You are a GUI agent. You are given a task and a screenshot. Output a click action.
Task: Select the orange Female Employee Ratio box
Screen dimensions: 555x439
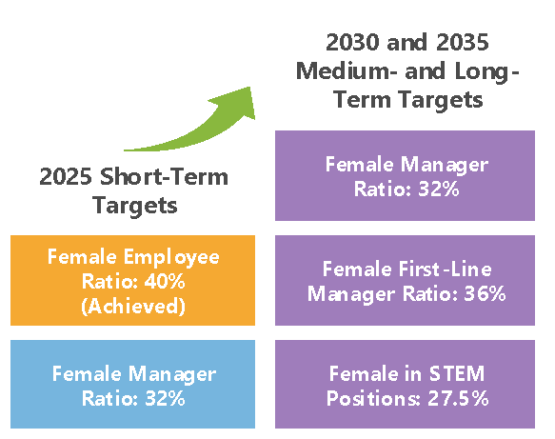coord(132,280)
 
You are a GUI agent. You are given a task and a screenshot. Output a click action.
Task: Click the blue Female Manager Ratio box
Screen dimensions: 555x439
coord(132,384)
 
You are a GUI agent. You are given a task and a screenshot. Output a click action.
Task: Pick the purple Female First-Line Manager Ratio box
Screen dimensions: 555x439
coord(405,280)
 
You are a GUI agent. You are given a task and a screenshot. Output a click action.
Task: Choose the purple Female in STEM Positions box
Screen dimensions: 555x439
coord(405,384)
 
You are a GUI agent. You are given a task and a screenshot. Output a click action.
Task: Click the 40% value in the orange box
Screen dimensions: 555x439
coord(165,282)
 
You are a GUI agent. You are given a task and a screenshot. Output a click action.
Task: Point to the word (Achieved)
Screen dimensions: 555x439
coord(133,307)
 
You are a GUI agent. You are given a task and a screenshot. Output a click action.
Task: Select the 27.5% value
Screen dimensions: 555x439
coord(458,398)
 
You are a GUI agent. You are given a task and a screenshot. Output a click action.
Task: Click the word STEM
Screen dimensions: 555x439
coord(457,373)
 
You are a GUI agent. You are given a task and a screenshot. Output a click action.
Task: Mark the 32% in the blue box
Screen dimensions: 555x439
coord(165,398)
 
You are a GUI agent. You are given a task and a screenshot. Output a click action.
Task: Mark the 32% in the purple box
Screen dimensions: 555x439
coord(439,189)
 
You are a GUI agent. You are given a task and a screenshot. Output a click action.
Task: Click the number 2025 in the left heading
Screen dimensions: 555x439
coord(66,176)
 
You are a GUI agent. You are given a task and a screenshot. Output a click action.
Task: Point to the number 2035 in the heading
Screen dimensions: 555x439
coord(463,42)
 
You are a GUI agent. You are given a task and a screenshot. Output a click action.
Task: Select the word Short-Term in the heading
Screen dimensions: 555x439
coord(164,176)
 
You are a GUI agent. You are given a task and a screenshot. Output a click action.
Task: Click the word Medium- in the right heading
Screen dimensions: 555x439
coord(347,70)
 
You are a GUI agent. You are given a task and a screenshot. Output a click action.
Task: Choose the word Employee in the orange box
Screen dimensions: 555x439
coord(171,257)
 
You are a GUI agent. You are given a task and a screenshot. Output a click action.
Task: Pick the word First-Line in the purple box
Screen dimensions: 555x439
coord(446,269)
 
